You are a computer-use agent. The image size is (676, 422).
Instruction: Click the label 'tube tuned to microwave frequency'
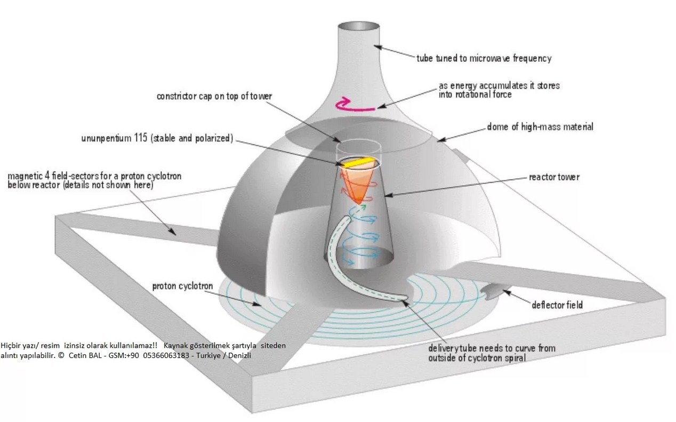484,58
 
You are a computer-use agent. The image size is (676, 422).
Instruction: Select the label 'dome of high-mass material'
540,127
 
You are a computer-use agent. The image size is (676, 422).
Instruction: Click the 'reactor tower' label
554,177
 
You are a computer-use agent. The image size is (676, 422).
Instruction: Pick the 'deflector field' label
557,305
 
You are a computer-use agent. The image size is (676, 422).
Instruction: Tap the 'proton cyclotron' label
182,286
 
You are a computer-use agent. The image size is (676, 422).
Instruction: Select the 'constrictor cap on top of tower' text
214,96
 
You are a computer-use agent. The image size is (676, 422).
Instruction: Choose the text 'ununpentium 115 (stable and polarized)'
157,139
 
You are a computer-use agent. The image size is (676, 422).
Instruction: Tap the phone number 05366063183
166,355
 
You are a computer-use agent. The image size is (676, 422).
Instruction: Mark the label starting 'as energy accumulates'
499,90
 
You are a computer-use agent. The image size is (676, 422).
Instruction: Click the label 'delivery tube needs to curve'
492,353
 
